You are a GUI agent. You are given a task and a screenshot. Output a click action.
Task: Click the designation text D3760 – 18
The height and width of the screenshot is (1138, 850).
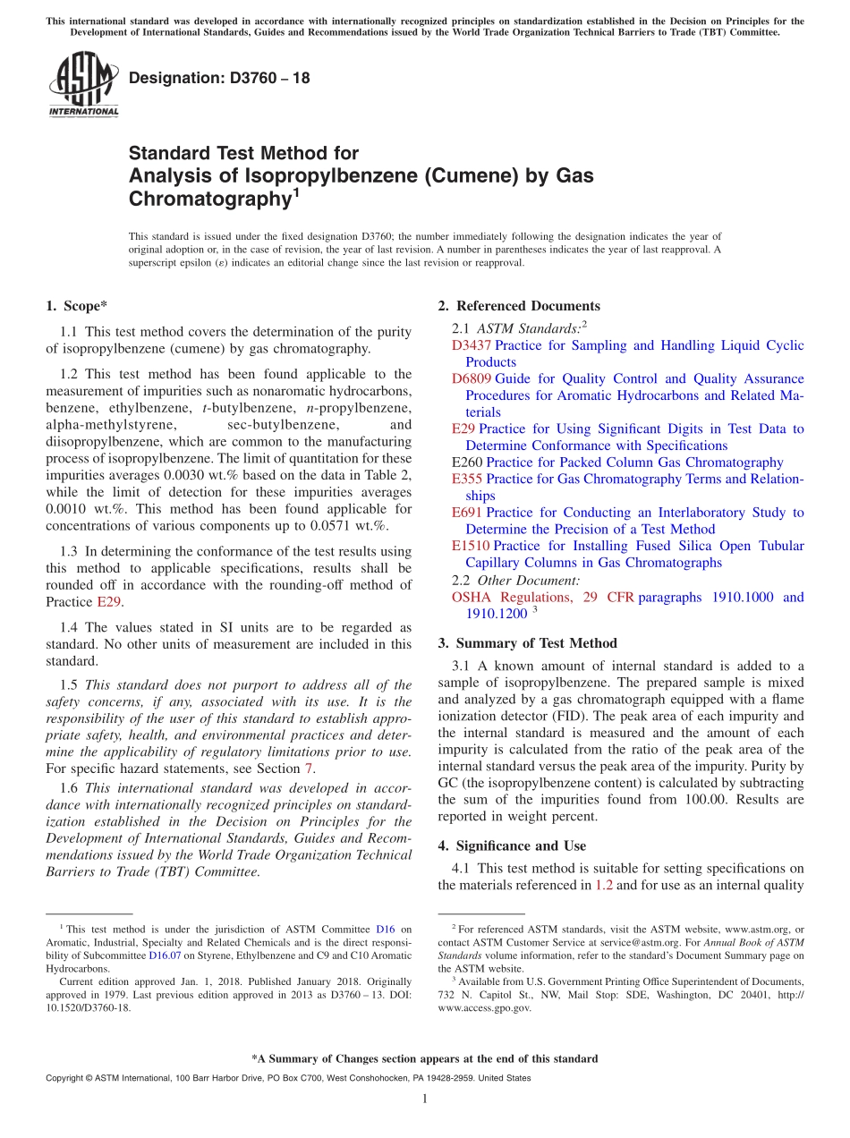[219, 78]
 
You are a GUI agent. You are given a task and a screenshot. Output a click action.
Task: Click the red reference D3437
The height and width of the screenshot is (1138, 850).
[471, 345]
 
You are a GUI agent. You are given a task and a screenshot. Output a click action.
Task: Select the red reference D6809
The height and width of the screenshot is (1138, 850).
[471, 378]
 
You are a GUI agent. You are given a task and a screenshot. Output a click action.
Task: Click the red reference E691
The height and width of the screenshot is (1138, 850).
[467, 513]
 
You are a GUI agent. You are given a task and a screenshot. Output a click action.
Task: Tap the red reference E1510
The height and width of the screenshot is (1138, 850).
[471, 546]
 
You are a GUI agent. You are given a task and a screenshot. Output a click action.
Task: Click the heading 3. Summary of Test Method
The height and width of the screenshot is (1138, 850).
[527, 643]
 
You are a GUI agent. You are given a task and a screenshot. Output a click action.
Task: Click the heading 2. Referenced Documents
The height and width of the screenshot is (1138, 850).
[519, 306]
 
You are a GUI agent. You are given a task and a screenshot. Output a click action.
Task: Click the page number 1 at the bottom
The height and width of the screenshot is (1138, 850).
[425, 1100]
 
